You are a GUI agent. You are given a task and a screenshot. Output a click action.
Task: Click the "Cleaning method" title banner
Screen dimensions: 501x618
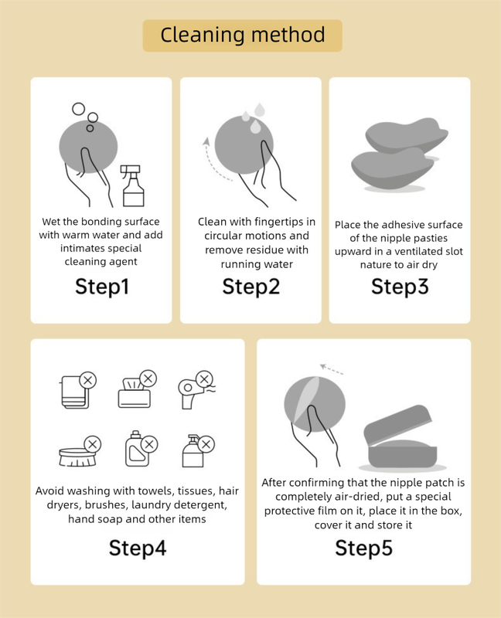(242, 36)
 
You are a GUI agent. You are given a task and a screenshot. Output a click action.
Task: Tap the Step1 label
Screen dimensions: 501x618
(102, 287)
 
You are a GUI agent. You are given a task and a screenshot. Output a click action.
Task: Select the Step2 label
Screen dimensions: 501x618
(251, 287)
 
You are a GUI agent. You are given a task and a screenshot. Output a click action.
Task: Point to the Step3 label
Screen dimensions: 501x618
(400, 287)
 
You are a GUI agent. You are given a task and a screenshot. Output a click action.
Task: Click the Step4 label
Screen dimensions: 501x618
(138, 548)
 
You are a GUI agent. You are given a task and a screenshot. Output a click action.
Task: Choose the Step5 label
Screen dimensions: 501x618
(363, 548)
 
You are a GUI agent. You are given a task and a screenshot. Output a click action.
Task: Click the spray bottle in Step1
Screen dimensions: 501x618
(132, 185)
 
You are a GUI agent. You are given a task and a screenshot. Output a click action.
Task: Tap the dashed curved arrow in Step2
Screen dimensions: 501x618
(213, 161)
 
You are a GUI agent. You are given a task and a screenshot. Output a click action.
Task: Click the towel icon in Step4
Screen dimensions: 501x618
(75, 392)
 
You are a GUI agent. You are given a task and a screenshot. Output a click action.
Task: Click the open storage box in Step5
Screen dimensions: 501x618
(400, 439)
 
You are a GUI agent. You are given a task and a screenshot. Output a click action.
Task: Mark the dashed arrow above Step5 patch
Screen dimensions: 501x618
(332, 369)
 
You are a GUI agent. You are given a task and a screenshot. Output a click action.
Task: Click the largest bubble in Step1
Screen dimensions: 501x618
(79, 109)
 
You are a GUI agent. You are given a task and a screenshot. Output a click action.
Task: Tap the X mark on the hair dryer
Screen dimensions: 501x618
(204, 379)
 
